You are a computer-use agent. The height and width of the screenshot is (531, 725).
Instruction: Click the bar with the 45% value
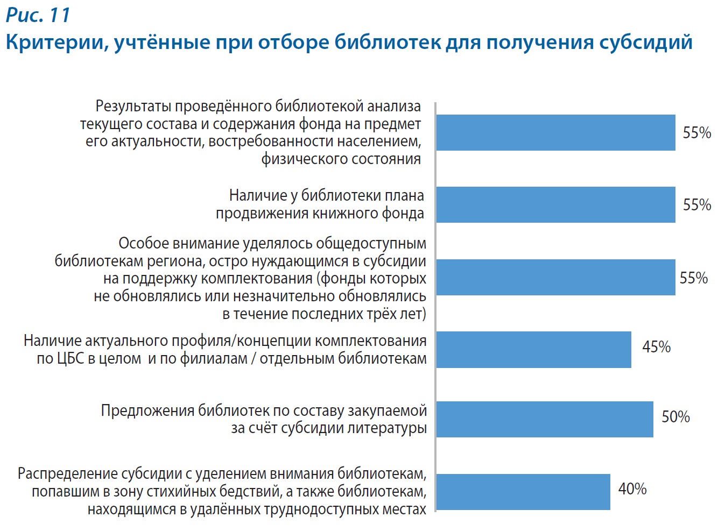pyautogui.click(x=533, y=350)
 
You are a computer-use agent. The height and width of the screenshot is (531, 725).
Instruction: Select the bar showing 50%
pyautogui.click(x=545, y=419)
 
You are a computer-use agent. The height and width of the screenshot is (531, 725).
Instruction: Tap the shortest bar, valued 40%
pyautogui.click(x=523, y=492)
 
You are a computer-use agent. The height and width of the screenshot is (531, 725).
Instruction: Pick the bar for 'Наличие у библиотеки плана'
pyautogui.click(x=555, y=204)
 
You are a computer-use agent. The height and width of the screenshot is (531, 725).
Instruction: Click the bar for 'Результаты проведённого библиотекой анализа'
pyautogui.click(x=555, y=132)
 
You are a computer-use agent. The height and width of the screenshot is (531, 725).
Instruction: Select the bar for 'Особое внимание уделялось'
pyautogui.click(x=555, y=277)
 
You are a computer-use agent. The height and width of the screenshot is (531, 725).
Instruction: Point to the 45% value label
pyautogui.click(x=656, y=347)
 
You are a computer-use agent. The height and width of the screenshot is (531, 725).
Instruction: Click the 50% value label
pyautogui.click(x=675, y=417)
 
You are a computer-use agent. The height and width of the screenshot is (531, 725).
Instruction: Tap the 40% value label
pyautogui.click(x=632, y=489)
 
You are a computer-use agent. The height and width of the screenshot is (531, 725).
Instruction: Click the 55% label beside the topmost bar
pyautogui.click(x=697, y=133)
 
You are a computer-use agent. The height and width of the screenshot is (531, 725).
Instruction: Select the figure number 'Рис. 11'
pyautogui.click(x=38, y=15)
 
